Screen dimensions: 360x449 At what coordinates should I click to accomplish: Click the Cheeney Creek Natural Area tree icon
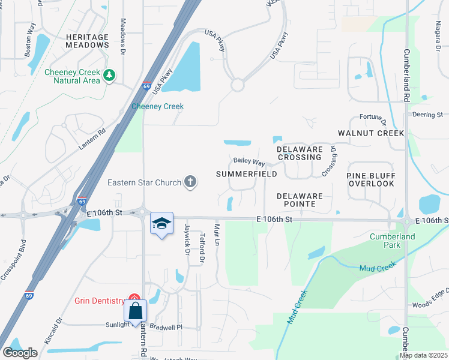(109, 75)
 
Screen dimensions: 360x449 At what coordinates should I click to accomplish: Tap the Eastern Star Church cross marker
(190, 182)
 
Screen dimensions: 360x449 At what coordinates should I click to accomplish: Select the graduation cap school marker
(161, 224)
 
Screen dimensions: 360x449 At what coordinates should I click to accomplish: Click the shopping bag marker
(136, 311)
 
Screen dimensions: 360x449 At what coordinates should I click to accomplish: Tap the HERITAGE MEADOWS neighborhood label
(87, 41)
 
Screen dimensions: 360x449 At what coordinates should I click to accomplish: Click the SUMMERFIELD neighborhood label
(246, 174)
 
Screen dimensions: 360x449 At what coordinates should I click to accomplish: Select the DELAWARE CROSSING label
(300, 152)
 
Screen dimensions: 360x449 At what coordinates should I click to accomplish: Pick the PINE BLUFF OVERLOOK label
(371, 179)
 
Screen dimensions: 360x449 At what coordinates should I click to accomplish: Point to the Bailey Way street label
(249, 162)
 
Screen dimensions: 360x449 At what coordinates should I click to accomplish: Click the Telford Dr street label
(202, 248)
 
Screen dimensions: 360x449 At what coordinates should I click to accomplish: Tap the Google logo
(20, 352)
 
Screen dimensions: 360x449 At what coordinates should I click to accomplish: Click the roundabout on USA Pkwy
(237, 85)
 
